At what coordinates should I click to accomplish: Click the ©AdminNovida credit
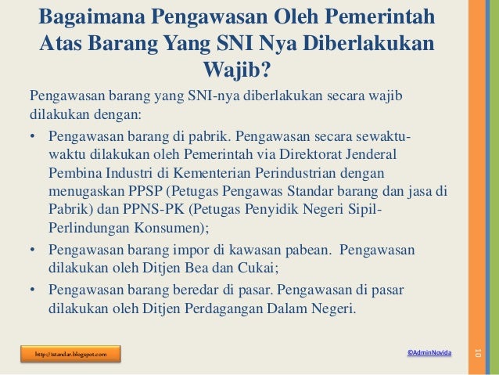pos(429,355)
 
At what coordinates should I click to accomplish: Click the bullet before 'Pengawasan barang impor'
pos(34,251)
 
